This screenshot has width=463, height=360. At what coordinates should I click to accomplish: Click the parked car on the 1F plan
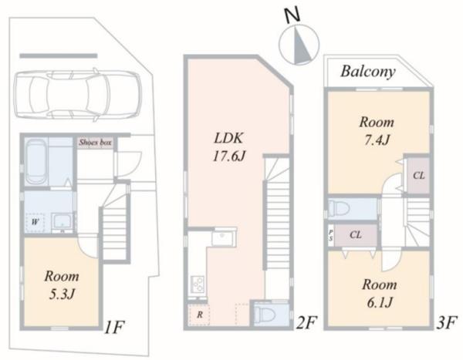coord(79,95)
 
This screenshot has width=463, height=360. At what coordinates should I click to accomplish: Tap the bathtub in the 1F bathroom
coord(36,161)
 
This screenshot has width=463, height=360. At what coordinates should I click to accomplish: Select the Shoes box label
coord(95,143)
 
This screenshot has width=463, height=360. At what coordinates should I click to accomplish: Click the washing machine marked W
coord(35,222)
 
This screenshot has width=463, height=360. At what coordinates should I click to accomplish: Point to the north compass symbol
coord(299,44)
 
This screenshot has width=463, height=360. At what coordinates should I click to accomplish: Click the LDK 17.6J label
coord(229,147)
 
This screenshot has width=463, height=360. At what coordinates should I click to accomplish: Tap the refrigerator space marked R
coord(200,315)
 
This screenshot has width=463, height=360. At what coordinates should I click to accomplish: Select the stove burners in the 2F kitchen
coord(198,284)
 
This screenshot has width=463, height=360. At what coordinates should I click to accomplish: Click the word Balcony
coord(368,72)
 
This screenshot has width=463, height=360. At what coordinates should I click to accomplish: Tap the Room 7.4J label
coord(377,131)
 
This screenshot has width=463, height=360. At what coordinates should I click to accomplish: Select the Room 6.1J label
coord(380,293)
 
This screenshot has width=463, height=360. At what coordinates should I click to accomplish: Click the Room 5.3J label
coord(62,284)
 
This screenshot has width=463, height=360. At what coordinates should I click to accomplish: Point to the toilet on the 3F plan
coord(340,209)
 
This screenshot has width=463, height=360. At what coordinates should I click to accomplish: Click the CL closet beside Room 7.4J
coord(418,176)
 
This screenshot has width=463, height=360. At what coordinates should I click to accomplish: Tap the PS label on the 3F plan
coord(331,235)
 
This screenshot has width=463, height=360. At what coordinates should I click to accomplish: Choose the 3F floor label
coord(447,322)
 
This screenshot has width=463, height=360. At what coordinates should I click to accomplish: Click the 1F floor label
coord(114,328)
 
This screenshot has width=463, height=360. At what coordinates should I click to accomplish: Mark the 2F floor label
coord(306,322)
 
